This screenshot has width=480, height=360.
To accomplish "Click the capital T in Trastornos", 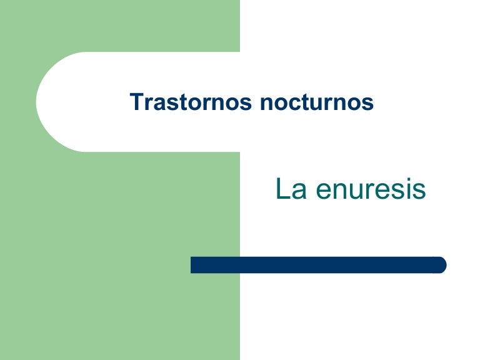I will [x=136, y=102].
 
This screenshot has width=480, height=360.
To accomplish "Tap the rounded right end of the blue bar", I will [x=442, y=265].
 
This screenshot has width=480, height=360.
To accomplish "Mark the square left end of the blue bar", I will [x=194, y=265].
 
